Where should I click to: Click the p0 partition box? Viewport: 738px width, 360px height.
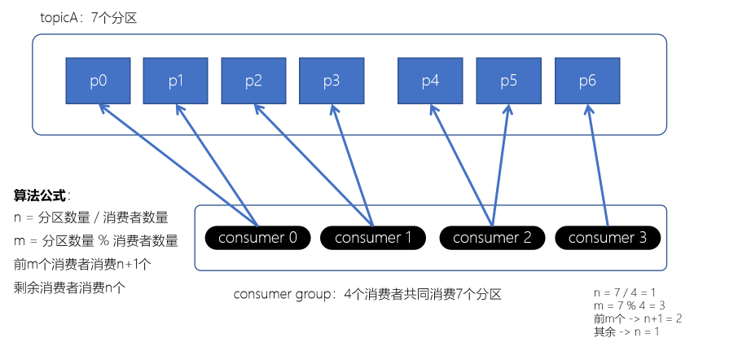pos(98,81)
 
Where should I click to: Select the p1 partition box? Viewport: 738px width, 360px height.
pos(176,81)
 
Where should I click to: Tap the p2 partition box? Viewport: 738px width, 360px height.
pos(253,81)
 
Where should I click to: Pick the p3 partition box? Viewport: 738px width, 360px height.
pos(332,81)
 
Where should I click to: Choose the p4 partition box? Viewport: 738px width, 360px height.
pos(430,81)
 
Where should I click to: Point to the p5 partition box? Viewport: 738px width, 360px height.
pos(508,81)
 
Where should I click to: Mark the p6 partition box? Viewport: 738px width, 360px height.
pos(587,81)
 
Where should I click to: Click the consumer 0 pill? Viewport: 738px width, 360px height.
pos(257,238)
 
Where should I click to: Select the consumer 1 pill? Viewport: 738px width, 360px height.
pos(373,238)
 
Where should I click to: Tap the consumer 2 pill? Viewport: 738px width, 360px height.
pos(492,238)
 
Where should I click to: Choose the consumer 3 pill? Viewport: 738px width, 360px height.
pos(608,238)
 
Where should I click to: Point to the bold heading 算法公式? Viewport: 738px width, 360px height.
pos(41,195)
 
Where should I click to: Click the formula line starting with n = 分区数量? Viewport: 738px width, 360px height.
pos(90,217)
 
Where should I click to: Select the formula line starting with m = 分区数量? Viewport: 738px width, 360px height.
pos(95,241)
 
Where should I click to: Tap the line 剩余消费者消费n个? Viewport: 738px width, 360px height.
pos(70,287)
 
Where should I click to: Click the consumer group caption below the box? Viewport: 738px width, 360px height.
pos(367,294)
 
